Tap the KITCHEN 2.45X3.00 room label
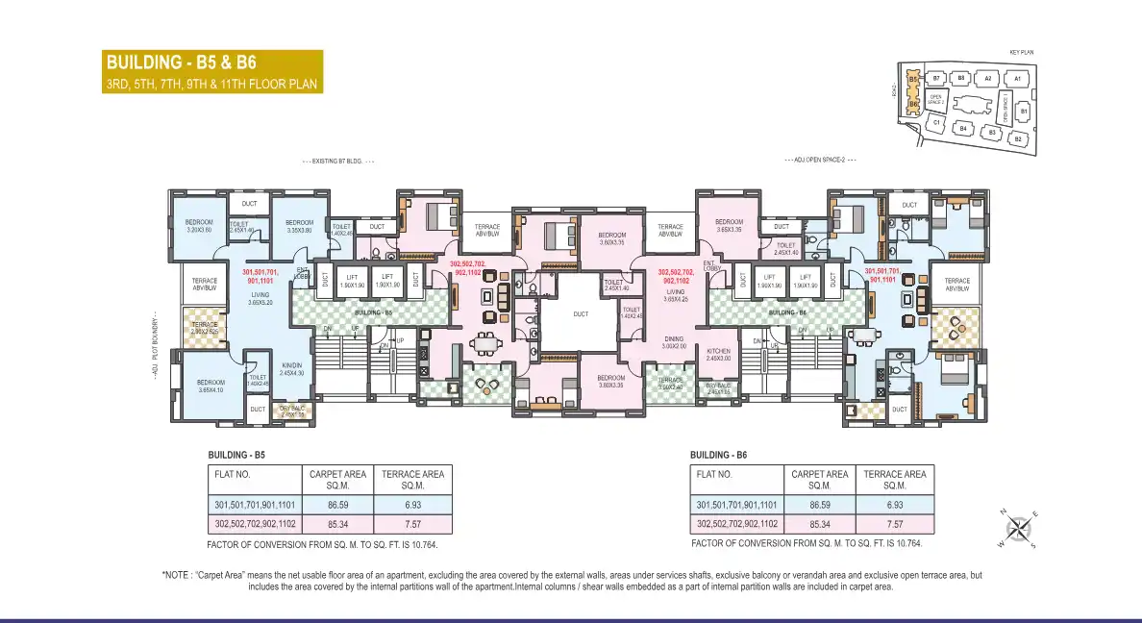719,355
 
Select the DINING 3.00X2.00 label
674,342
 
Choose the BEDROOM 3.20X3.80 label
199,226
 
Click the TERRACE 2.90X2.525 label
205,328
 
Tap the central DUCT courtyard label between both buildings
581,314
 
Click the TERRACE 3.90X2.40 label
670,383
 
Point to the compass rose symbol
1021,528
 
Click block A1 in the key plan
1016,78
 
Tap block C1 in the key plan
935,123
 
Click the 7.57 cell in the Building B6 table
895,524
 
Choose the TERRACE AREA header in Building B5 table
412,479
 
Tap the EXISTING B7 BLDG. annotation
337,162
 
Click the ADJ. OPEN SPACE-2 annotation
819,160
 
